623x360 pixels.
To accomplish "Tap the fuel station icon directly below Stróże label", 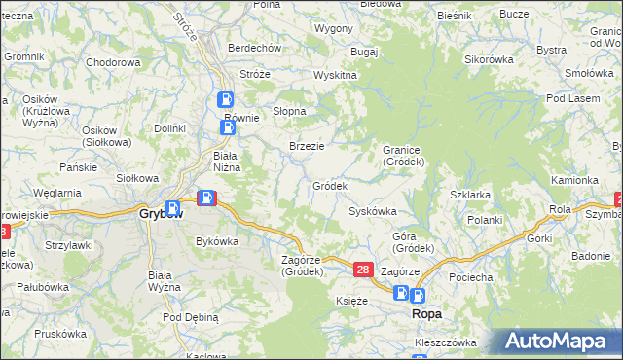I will [225, 98].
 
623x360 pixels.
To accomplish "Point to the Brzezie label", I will [307, 146].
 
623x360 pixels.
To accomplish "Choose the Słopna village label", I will [289, 111].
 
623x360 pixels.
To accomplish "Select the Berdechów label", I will [254, 48].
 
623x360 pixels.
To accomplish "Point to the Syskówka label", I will [372, 211].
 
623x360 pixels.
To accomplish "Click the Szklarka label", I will [469, 195].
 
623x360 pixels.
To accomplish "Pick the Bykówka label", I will [217, 240].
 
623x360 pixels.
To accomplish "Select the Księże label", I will [351, 302].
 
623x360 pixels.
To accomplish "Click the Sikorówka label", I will [489, 59].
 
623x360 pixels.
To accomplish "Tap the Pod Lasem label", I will [568, 99].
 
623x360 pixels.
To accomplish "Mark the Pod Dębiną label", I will [190, 317].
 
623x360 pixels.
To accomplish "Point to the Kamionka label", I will [574, 180].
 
